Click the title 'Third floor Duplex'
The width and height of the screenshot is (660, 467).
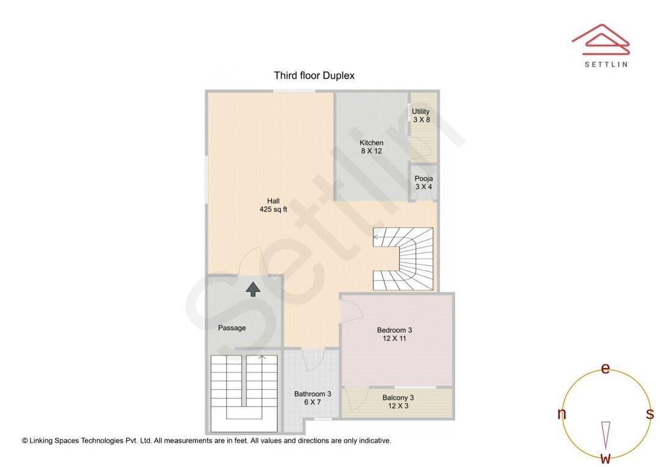click(314, 75)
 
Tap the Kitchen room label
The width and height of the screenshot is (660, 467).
click(372, 147)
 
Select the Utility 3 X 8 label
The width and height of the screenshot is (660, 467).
click(421, 116)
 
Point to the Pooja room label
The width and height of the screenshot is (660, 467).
click(424, 182)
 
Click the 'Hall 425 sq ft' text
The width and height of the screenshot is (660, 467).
click(273, 205)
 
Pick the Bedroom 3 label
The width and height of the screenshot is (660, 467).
click(394, 334)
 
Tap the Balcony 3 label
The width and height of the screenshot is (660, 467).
click(398, 402)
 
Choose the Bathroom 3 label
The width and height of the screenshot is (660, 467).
click(312, 398)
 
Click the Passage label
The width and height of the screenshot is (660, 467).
click(232, 328)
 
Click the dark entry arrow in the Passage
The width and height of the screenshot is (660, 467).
click(252, 289)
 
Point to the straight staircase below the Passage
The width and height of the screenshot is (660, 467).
click(244, 393)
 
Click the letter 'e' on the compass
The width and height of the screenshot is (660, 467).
click(605, 369)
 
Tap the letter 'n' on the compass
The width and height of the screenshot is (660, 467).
click(562, 414)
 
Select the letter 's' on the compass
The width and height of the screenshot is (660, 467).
click(650, 414)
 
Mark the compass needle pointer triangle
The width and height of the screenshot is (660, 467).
click(606, 435)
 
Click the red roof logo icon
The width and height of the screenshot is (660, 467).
click(601, 40)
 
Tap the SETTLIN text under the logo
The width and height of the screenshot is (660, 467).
click(606, 64)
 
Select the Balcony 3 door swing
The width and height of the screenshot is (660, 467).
click(356, 398)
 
